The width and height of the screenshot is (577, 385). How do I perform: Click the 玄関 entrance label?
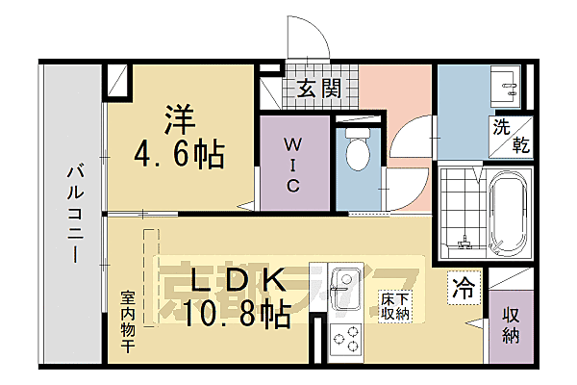[x=317, y=89]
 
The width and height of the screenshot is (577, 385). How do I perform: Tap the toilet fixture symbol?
[x=360, y=149]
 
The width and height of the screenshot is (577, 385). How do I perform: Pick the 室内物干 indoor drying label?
[x=127, y=322]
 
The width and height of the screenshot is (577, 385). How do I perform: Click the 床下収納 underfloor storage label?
[x=394, y=307]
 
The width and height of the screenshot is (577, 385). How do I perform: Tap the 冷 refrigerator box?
[x=464, y=288]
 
